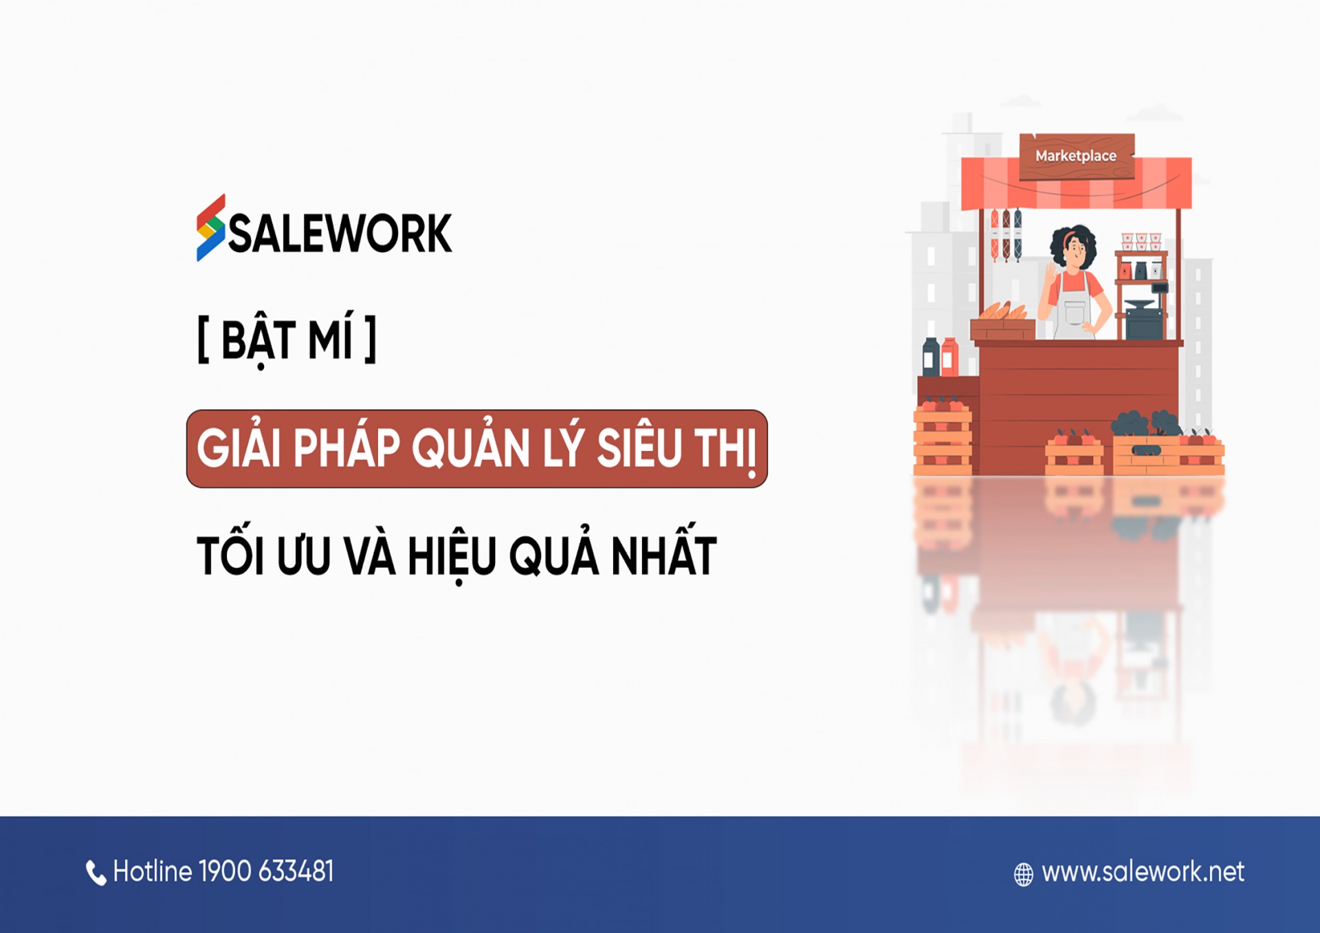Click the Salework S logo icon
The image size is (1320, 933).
click(210, 228)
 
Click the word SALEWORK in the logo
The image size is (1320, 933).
click(340, 234)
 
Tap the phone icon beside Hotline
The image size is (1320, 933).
click(96, 873)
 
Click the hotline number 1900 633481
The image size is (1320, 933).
click(266, 871)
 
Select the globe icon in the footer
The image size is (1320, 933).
click(1024, 875)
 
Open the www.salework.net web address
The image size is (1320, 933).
click(1143, 872)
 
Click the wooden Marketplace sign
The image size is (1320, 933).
click(1077, 156)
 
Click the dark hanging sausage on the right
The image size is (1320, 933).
click(1018, 234)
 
